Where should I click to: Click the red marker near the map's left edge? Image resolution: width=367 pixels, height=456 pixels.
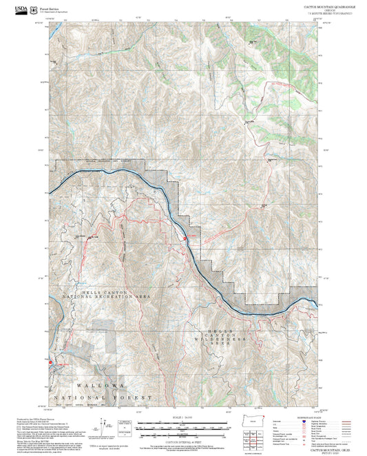click(x=50, y=360)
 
